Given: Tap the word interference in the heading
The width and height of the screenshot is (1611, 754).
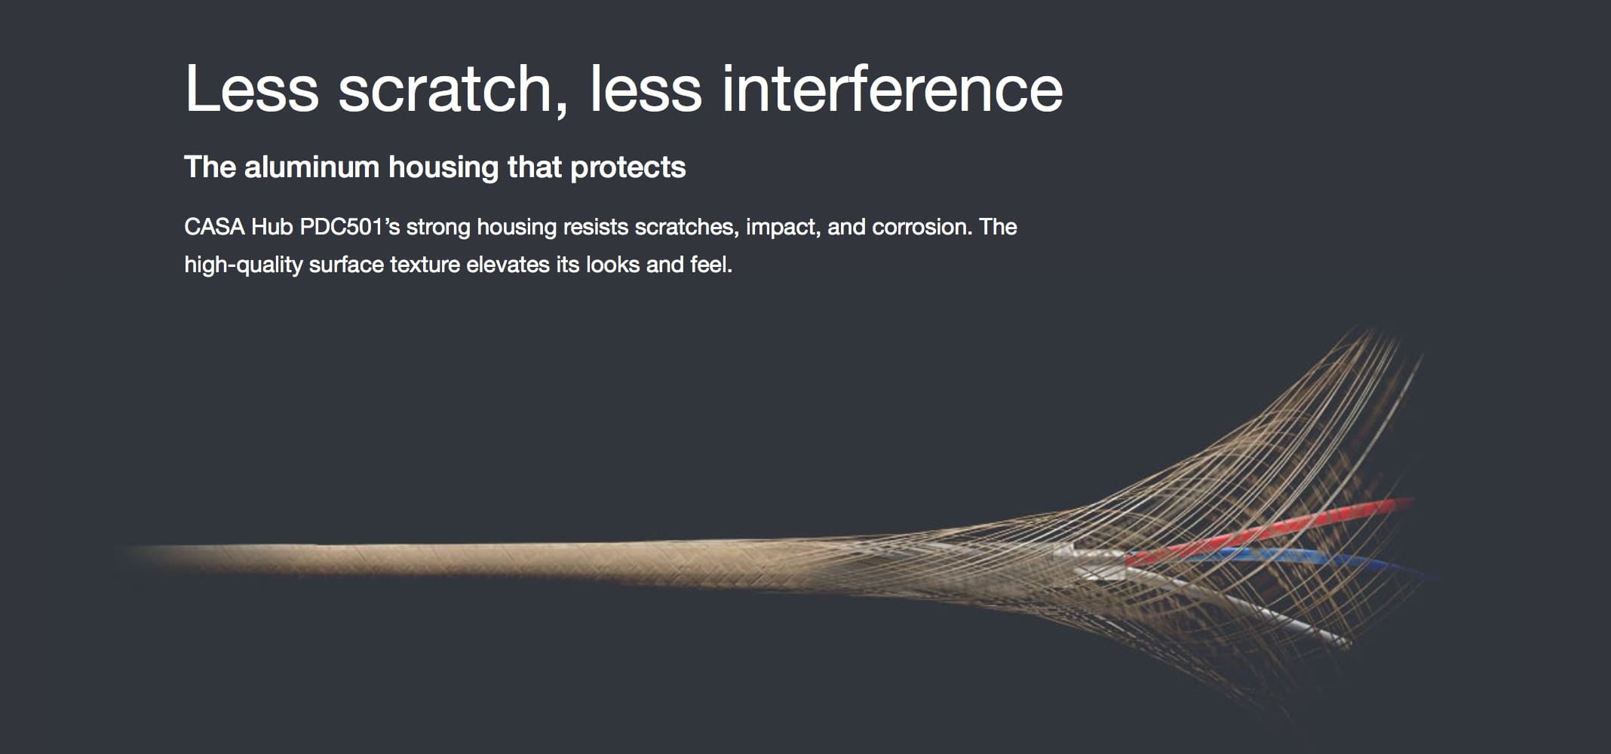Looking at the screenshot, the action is pos(892,89).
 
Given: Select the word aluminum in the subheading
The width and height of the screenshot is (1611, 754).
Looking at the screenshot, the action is pos(311,167).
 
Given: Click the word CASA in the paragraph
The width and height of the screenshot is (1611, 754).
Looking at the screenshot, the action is pos(214,227).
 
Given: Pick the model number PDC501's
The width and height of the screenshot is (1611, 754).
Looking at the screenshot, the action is pos(350,227).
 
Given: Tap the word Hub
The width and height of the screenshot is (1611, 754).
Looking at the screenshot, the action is pos(272,227).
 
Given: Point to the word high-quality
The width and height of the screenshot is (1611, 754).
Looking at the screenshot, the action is pos(244,265).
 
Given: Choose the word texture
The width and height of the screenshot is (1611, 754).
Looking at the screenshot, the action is pos(425,265).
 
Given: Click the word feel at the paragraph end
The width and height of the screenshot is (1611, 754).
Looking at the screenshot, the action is pos(711,265).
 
